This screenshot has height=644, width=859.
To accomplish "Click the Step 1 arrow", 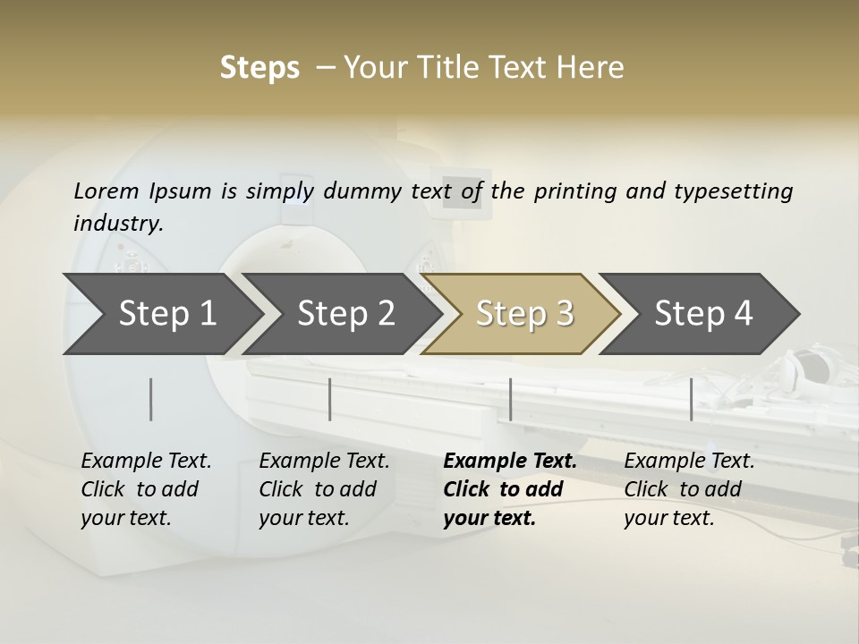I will pos(166,314).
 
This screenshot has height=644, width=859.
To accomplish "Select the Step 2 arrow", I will pos(345,314).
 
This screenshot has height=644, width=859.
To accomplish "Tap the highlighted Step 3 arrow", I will pos(524,314).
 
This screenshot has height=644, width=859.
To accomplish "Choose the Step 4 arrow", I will pos(703,314).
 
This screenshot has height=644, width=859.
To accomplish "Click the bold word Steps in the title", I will pos(259,68).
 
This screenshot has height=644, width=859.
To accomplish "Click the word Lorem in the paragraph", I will pos(106,191).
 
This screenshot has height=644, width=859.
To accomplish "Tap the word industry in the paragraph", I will pos(117,224).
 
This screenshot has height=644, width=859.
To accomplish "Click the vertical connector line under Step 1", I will pos(151,399).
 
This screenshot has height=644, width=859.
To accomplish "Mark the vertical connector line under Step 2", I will pos(330,399).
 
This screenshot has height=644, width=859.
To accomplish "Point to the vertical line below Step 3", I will pos(510,399).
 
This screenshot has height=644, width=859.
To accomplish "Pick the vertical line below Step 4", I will pos(691,399).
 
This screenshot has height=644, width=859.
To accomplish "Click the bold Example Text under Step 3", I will pos(510,462).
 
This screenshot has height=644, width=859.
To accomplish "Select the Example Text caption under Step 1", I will pos(146,462).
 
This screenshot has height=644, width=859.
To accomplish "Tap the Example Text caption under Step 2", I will pos(324,462).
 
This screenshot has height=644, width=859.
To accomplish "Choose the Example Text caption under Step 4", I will pos(689,462).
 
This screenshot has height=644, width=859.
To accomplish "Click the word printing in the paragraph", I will pos(572,191).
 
